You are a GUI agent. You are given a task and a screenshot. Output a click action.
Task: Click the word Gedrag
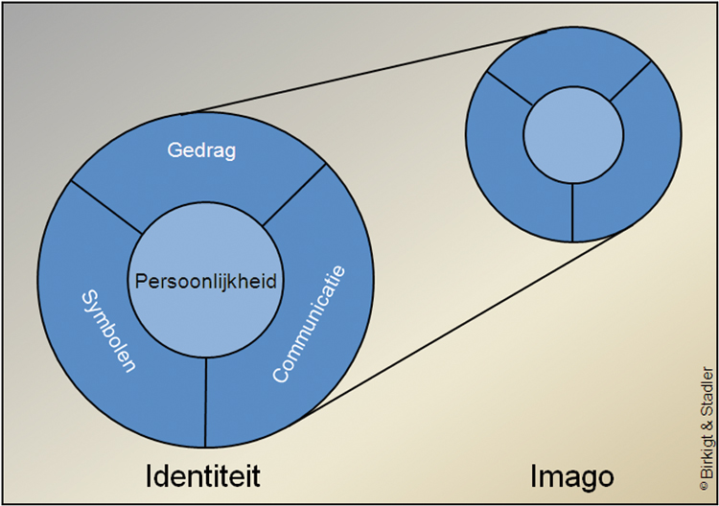click(x=201, y=152)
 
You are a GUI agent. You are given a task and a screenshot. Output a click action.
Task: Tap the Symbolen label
click(x=106, y=332)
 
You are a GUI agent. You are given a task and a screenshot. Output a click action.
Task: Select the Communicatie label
click(x=309, y=324)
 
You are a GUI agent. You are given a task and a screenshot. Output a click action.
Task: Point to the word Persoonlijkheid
click(x=205, y=283)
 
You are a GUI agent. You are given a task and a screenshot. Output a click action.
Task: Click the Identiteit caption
click(x=203, y=475)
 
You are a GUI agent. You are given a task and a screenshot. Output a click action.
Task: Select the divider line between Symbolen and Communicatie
click(x=205, y=403)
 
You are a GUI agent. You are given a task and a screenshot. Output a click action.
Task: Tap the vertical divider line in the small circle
click(x=572, y=210)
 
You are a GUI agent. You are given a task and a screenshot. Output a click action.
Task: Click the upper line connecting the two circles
click(x=364, y=72)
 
